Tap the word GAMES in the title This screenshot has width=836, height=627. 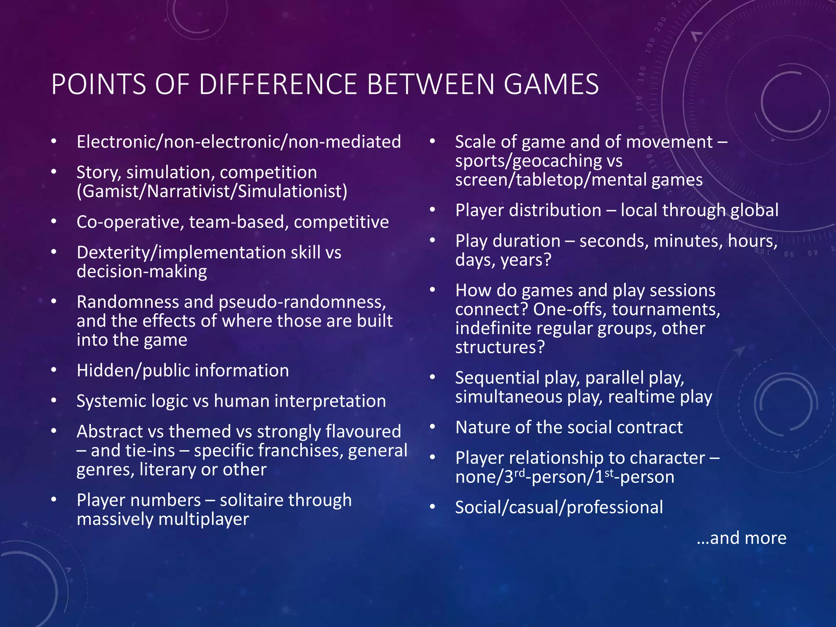551,84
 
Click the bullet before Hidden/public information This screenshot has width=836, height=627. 54,370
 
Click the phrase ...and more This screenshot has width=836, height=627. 741,538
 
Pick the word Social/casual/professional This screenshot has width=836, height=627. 559,507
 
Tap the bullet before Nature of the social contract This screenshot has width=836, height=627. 433,427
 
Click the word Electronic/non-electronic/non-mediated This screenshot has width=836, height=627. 239,142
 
